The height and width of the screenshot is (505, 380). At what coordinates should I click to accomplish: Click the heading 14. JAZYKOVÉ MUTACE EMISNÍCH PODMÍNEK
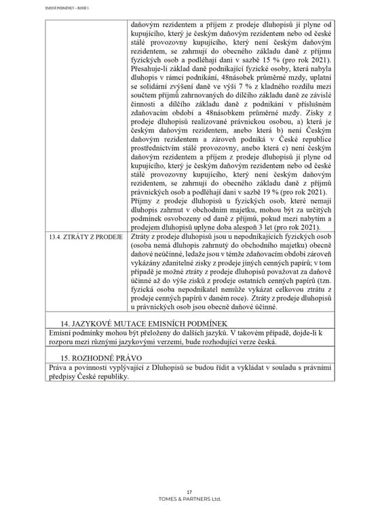coord(135,322)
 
